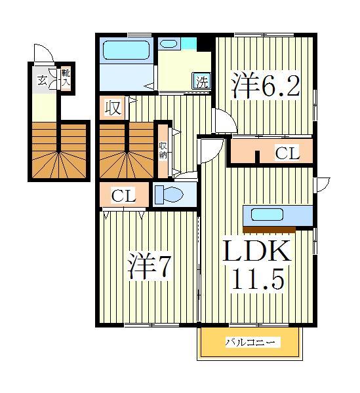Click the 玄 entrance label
pyautogui.click(x=41, y=81)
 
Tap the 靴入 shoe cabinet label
pyautogui.click(x=66, y=78)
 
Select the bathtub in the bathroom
pyautogui.click(x=127, y=50)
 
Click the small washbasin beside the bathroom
pyautogui.click(x=170, y=44)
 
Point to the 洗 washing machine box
pyautogui.click(x=202, y=83)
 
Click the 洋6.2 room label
pyautogui.click(x=265, y=85)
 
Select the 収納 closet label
pyautogui.click(x=163, y=150)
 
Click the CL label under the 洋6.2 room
pyautogui.click(x=287, y=154)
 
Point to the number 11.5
pyautogui.click(x=258, y=280)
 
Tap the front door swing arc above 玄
pyautogui.click(x=44, y=54)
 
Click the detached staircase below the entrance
pyautogui.click(x=58, y=150)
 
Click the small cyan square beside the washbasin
pyautogui.click(x=190, y=44)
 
